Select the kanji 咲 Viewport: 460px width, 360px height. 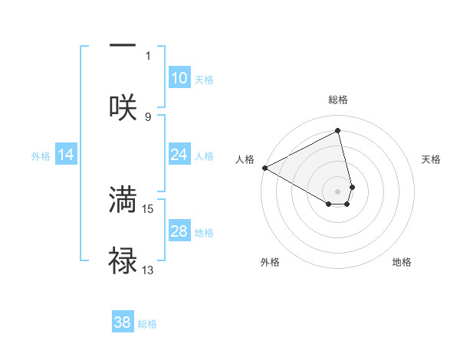point(123,106)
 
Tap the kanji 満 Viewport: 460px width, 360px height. point(123,200)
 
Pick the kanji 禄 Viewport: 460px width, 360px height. point(123,261)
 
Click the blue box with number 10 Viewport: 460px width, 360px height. point(179,78)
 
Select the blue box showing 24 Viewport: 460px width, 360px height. point(179,155)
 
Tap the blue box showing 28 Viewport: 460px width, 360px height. point(179,231)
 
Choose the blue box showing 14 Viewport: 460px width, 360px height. point(66,155)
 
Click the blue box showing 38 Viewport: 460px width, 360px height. point(123,322)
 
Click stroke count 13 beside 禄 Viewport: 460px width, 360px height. point(148,270)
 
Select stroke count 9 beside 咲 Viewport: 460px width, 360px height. point(148,116)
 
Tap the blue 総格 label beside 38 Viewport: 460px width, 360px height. point(147,324)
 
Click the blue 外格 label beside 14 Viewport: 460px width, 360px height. point(41,155)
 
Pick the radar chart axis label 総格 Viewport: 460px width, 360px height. point(337,100)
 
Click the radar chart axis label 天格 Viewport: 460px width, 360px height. point(431,159)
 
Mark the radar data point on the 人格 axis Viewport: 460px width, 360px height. point(264,168)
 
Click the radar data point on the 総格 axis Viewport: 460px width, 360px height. point(337,130)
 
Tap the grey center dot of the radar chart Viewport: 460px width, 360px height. point(337,191)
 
